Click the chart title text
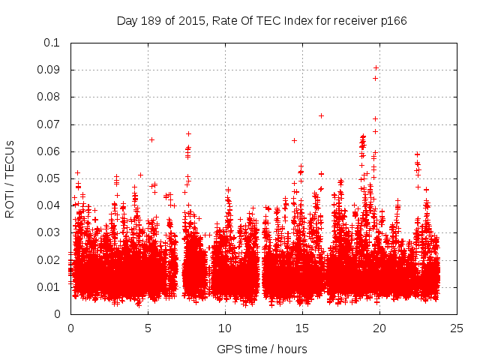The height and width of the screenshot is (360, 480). coord(262,20)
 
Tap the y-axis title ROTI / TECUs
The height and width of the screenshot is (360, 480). coord(10,178)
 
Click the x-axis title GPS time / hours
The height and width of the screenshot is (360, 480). coord(262,349)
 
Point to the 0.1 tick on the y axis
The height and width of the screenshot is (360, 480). coord(52,43)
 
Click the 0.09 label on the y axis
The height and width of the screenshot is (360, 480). coord(49,70)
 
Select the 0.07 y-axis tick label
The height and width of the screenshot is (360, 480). coord(49,124)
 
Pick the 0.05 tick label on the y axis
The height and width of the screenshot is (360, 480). coord(49,178)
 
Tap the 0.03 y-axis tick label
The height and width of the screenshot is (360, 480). coord(49,232)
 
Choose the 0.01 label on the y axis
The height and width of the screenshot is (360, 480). coord(49,286)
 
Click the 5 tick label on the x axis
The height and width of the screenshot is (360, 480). coord(148,328)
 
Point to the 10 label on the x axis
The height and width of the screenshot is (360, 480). coord(225,328)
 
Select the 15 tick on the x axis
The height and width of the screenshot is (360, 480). coord(302,328)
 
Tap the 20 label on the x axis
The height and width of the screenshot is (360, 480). coord(379,328)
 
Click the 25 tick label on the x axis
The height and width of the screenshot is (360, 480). coord(457,328)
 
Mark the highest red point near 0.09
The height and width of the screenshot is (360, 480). coord(376,68)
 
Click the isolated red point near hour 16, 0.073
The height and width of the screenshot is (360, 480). coord(321,115)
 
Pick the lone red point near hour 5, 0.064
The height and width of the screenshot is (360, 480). coord(151,139)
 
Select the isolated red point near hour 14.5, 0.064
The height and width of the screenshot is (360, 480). coord(294,140)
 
